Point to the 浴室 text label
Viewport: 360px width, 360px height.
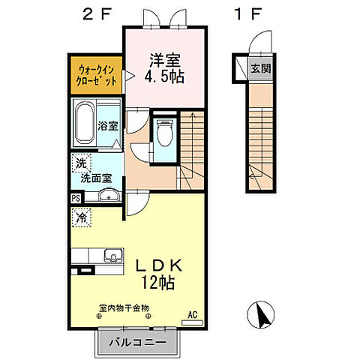pyautogui.click(x=108, y=126)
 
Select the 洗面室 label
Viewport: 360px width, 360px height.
pyautogui.click(x=96, y=178)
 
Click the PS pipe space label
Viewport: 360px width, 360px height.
pyautogui.click(x=76, y=197)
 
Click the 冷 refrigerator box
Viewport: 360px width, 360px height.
pyautogui.click(x=80, y=218)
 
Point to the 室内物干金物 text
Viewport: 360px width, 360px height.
pyautogui.click(x=124, y=307)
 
